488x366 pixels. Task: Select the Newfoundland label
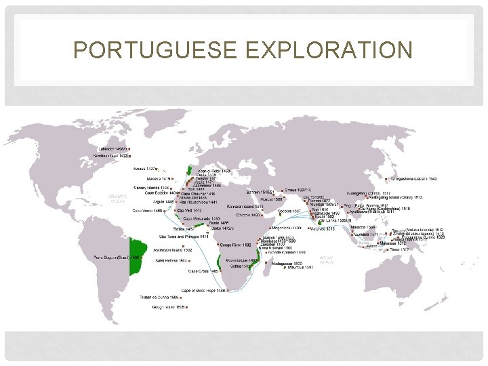point(110,155)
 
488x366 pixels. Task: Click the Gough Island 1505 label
point(165,307)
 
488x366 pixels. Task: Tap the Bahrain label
point(260,192)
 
